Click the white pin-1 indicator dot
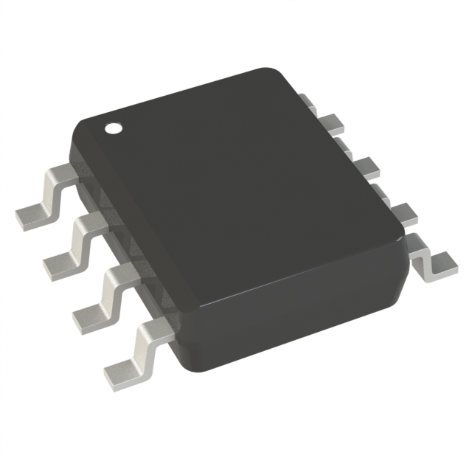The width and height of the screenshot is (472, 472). (113, 128)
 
